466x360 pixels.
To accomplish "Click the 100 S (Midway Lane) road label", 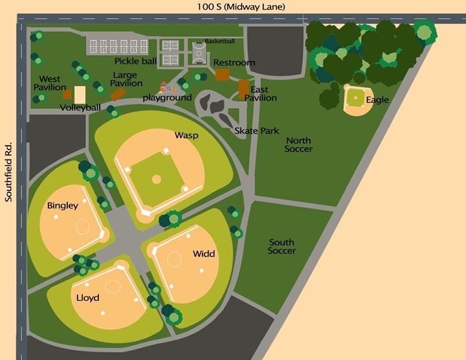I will [x=242, y=6].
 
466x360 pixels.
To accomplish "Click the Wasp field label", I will [x=186, y=135].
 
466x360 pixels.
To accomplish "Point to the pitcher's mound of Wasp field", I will [x=156, y=179].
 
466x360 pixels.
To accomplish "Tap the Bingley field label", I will [x=62, y=206].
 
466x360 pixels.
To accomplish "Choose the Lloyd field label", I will [x=87, y=298].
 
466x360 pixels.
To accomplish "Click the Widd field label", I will [x=204, y=254].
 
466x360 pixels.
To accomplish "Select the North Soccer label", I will [x=298, y=145].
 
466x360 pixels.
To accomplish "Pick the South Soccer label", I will [x=282, y=247].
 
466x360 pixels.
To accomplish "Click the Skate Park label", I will [x=256, y=131].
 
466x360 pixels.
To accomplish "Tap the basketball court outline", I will [x=199, y=52].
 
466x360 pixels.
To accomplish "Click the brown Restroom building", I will [x=222, y=74].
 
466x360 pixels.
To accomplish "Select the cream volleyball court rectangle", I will [x=80, y=95].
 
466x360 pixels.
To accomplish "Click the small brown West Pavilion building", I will [x=67, y=95].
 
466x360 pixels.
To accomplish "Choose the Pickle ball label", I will [x=135, y=62].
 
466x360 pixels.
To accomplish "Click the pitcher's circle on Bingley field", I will [x=82, y=226].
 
